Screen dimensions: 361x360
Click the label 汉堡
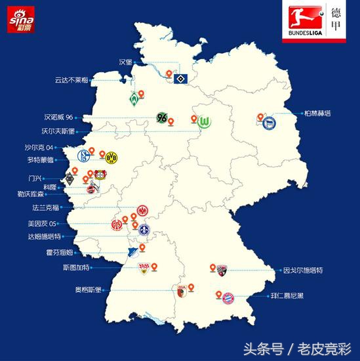pyautogui.click(x=125, y=62)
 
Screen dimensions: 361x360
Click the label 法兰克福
pyautogui.click(x=47, y=208)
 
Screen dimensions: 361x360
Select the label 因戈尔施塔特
pyautogui.click(x=303, y=270)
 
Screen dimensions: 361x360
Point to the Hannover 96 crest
pyautogui.click(x=162, y=119)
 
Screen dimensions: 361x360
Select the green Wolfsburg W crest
pyautogui.click(x=207, y=123)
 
